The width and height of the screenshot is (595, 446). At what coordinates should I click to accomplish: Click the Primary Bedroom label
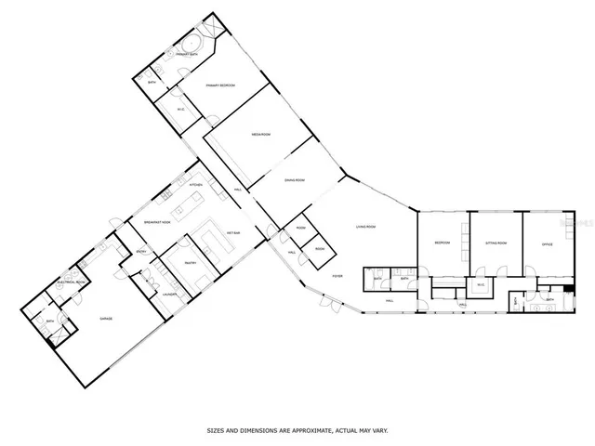220,85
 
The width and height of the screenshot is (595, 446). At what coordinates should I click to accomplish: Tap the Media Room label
260,135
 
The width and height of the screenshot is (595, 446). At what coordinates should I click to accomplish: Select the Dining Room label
294,180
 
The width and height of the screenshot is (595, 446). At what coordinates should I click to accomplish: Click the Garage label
107,319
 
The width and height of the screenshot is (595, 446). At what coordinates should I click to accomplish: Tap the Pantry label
189,263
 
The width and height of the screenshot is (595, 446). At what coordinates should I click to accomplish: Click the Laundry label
170,295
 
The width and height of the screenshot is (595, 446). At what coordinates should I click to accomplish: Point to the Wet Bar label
231,232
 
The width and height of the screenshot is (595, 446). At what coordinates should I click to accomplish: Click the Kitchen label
196,185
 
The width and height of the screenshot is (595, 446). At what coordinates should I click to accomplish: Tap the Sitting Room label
496,243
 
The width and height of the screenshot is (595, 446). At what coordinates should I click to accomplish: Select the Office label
548,243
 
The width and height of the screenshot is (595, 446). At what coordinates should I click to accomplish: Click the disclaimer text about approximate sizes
297,430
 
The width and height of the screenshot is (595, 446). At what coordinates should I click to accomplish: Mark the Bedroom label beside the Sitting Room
442,243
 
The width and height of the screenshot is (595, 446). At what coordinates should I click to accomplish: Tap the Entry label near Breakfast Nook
141,252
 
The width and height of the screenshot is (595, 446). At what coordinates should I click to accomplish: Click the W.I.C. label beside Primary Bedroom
181,110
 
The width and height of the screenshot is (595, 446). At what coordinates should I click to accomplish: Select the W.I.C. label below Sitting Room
481,284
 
